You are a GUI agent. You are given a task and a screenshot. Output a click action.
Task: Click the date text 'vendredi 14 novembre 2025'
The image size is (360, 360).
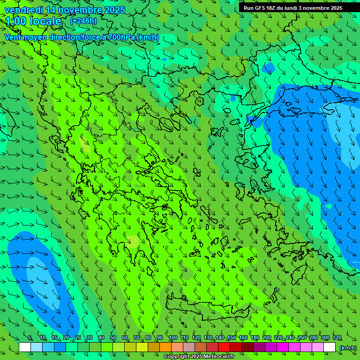[65, 10]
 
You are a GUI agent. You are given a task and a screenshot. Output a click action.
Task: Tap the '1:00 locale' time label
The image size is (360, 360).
[33, 21]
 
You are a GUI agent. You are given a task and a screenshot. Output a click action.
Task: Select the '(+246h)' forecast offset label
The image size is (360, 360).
[83, 21]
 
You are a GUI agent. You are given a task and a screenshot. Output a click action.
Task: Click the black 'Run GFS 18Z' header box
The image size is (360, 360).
[292, 7]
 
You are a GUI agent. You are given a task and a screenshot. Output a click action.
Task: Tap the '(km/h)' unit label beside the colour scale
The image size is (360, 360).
[348, 348]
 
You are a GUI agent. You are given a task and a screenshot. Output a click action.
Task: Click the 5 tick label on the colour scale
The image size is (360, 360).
[30, 338]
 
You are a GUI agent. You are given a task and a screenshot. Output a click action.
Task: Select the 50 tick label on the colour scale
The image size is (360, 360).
[112, 338]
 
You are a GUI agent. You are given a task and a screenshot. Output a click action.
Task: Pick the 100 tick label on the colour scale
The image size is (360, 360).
[172, 338]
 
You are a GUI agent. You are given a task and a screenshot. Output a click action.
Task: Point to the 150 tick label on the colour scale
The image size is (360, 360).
[232, 338]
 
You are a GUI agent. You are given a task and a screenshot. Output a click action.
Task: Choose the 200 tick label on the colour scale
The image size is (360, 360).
[267, 338]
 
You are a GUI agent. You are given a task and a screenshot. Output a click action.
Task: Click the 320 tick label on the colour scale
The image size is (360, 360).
[337, 338]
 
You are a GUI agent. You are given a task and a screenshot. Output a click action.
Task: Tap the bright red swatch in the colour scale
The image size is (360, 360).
[224, 347]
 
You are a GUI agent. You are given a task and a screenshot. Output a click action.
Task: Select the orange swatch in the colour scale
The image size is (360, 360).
[165, 347]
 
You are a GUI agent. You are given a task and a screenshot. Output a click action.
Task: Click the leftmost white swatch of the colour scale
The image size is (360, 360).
[25, 347]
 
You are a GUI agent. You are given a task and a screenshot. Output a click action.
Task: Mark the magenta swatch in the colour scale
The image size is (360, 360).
[283, 347]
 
